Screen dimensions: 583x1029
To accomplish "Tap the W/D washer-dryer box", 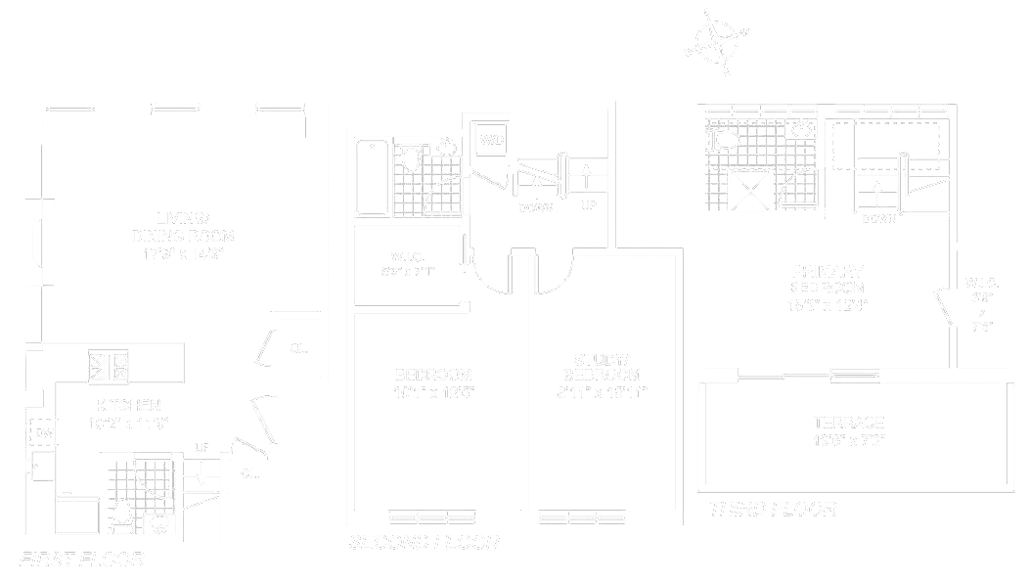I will click(x=491, y=140).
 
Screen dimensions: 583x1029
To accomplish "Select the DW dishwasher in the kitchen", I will click(x=44, y=431).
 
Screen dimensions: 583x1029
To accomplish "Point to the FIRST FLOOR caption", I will click(x=81, y=561).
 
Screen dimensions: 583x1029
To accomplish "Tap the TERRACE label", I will click(x=848, y=423).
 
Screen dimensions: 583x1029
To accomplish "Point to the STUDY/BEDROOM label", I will click(x=603, y=367).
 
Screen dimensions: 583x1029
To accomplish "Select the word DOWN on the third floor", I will click(x=878, y=218).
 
